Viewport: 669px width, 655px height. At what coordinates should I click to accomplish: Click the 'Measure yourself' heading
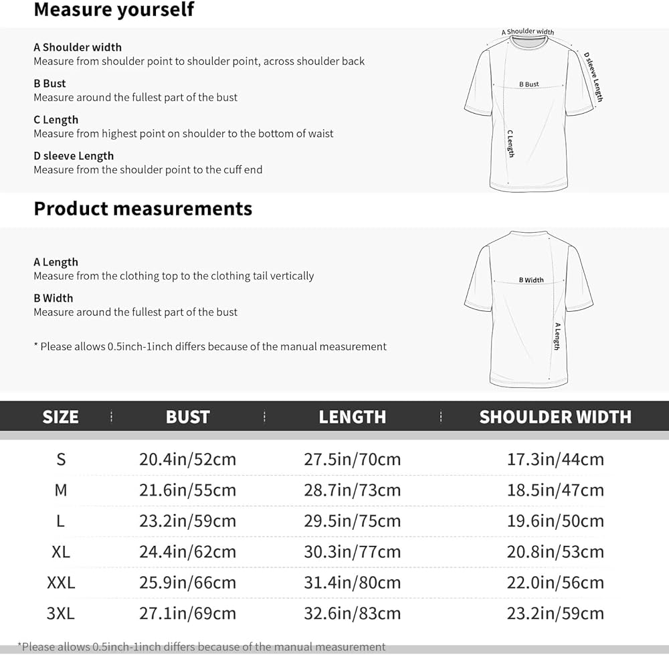click(x=114, y=10)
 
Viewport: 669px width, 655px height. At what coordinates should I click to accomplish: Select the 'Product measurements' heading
click(x=142, y=209)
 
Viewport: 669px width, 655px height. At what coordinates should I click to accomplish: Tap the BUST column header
click(x=187, y=417)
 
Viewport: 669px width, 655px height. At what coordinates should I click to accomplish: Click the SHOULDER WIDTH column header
click(x=555, y=417)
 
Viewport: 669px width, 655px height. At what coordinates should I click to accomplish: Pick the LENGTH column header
click(x=352, y=417)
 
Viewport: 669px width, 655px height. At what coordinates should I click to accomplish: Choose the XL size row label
click(x=61, y=552)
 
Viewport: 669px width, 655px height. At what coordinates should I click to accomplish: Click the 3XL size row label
click(x=61, y=614)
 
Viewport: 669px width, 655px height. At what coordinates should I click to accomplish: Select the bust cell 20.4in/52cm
click(x=187, y=460)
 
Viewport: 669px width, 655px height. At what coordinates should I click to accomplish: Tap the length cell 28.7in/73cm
click(x=352, y=490)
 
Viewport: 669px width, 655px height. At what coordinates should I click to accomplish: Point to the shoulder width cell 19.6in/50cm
click(x=555, y=521)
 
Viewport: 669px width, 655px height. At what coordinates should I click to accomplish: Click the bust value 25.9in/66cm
click(x=187, y=583)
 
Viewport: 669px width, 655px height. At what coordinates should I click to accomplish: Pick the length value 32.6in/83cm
click(x=352, y=614)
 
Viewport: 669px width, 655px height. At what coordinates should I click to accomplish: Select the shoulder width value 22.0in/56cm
click(x=555, y=583)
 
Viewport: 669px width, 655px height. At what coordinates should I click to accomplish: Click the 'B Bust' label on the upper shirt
click(x=529, y=84)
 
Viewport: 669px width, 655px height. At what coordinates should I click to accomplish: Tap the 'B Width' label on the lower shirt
click(x=531, y=280)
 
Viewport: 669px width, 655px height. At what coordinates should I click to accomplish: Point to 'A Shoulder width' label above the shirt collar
click(x=528, y=31)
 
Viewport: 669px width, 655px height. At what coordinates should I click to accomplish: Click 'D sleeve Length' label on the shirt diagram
click(x=593, y=76)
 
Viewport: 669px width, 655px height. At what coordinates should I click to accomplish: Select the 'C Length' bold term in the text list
click(x=56, y=120)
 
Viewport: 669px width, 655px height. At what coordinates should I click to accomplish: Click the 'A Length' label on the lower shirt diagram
click(x=557, y=336)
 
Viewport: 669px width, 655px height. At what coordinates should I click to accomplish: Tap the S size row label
click(x=61, y=460)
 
